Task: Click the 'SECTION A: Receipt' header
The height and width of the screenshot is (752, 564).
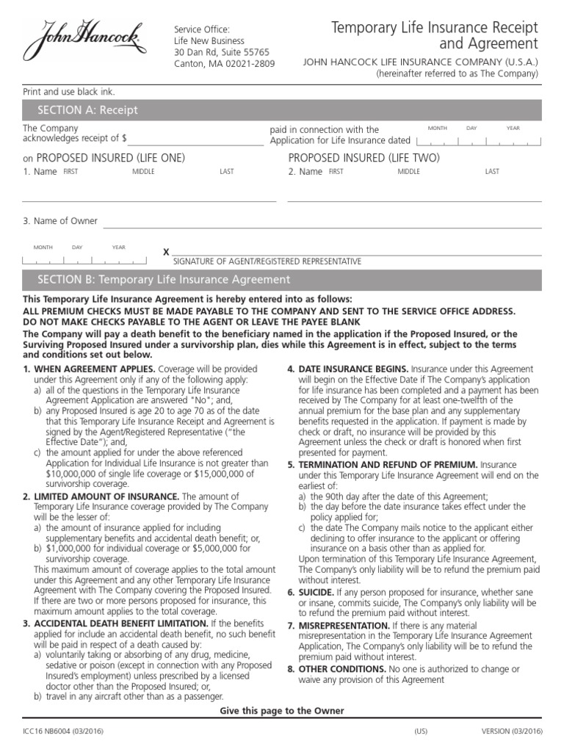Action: [x=87, y=110]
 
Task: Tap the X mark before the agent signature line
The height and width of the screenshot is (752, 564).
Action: [x=166, y=252]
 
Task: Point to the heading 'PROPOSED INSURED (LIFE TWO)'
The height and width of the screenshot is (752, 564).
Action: [x=364, y=158]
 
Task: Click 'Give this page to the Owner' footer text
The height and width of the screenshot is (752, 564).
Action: [x=282, y=712]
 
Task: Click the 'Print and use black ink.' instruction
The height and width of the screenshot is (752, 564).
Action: [x=69, y=91]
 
